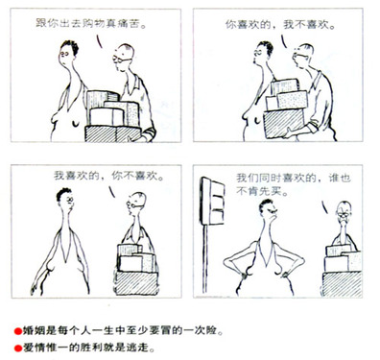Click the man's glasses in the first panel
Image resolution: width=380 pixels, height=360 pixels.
click(121, 60)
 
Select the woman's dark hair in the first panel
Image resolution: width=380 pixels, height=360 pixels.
click(71, 46)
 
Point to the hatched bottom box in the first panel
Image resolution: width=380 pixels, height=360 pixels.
click(112, 134)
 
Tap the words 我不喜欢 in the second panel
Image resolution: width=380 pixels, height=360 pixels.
click(306, 25)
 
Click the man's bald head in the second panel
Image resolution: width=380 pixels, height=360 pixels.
click(305, 49)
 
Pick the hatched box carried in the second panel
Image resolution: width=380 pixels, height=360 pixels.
click(284, 123)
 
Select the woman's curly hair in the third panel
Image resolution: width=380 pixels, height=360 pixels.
click(63, 193)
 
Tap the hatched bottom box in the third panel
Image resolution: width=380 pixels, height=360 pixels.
click(136, 283)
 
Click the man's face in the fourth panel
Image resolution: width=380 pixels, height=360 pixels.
click(344, 215)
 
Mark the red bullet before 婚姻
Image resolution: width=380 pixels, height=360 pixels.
click(18, 331)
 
